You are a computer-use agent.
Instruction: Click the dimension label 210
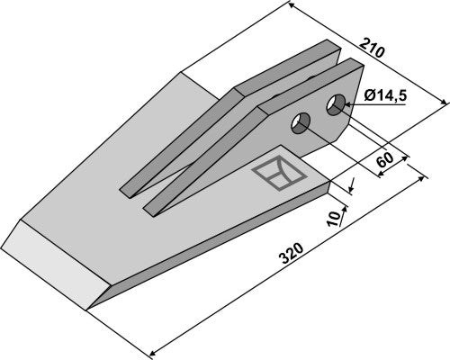[x=372, y=48]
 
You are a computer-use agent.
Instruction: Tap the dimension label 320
[x=291, y=254]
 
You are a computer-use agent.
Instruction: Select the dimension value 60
[x=385, y=160]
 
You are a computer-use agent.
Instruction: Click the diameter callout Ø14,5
[x=385, y=96]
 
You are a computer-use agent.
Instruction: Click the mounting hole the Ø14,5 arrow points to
[x=336, y=104]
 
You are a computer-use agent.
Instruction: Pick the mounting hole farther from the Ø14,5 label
[x=301, y=123]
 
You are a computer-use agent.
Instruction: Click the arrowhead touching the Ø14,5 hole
[x=348, y=104]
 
